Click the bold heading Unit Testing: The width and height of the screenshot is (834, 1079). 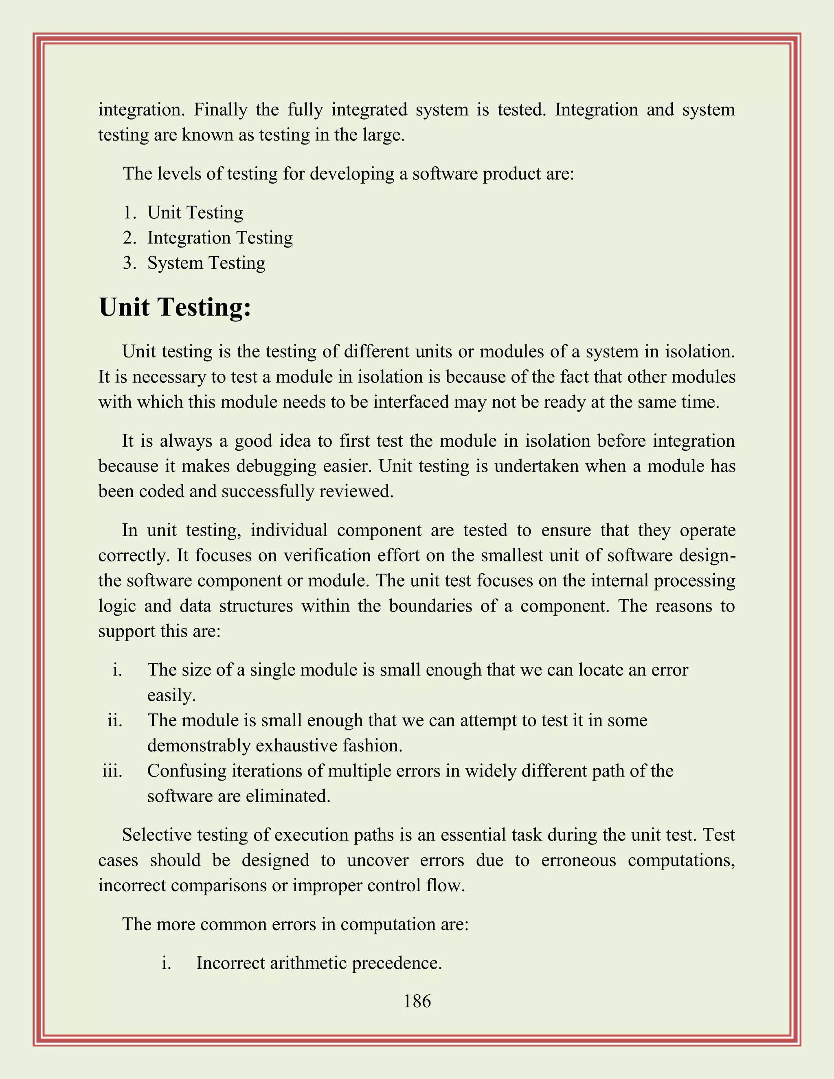(175, 307)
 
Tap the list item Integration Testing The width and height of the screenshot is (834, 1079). (220, 238)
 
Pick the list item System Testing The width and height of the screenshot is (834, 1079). (206, 263)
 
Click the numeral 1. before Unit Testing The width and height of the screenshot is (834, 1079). (129, 213)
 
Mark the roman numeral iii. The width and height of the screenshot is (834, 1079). (112, 771)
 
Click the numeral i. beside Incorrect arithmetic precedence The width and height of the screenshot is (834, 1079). (167, 963)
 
